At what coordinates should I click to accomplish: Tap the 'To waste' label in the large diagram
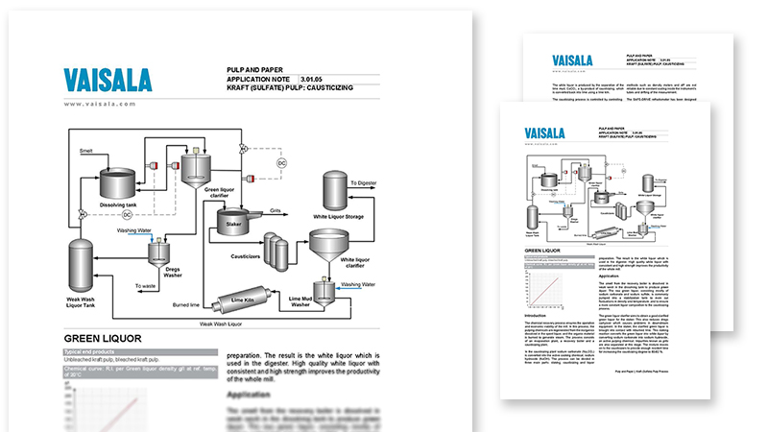click(x=146, y=286)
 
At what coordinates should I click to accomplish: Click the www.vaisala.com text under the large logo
click(x=100, y=105)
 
